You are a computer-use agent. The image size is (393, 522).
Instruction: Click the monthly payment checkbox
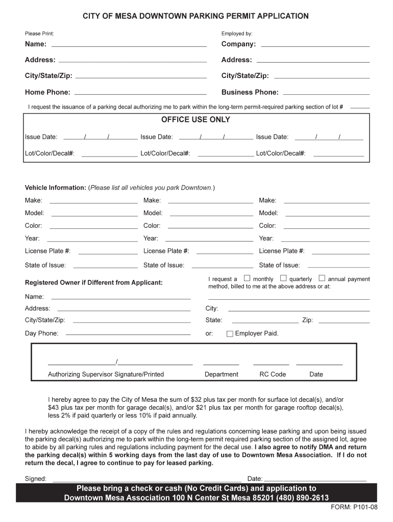tap(247, 278)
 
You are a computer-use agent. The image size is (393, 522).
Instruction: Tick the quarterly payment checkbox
tap(283, 278)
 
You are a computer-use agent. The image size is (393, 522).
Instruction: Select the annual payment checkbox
tap(322, 278)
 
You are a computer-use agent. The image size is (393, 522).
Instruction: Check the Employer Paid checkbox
tap(230, 334)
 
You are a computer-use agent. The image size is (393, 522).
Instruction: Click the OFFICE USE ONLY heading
tap(195, 120)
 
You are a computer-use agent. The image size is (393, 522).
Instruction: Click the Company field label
tap(238, 44)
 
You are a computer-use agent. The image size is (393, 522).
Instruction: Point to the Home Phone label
tap(47, 92)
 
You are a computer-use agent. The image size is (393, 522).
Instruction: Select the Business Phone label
tap(250, 92)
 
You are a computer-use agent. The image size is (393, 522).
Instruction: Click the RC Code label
tap(273, 374)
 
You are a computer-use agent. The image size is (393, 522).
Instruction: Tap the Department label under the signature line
tap(221, 374)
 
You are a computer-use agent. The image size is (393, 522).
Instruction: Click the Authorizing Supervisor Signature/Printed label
tap(106, 374)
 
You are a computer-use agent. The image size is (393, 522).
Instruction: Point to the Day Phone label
tap(41, 333)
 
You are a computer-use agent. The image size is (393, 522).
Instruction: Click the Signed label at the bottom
tap(36, 479)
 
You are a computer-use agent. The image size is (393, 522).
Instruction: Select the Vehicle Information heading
tap(56, 188)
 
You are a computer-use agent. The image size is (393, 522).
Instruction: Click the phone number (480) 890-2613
tap(304, 498)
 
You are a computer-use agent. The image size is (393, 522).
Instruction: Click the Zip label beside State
tap(307, 320)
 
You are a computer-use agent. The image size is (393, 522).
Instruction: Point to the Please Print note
tap(39, 34)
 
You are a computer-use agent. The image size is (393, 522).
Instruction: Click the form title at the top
tap(196, 16)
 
